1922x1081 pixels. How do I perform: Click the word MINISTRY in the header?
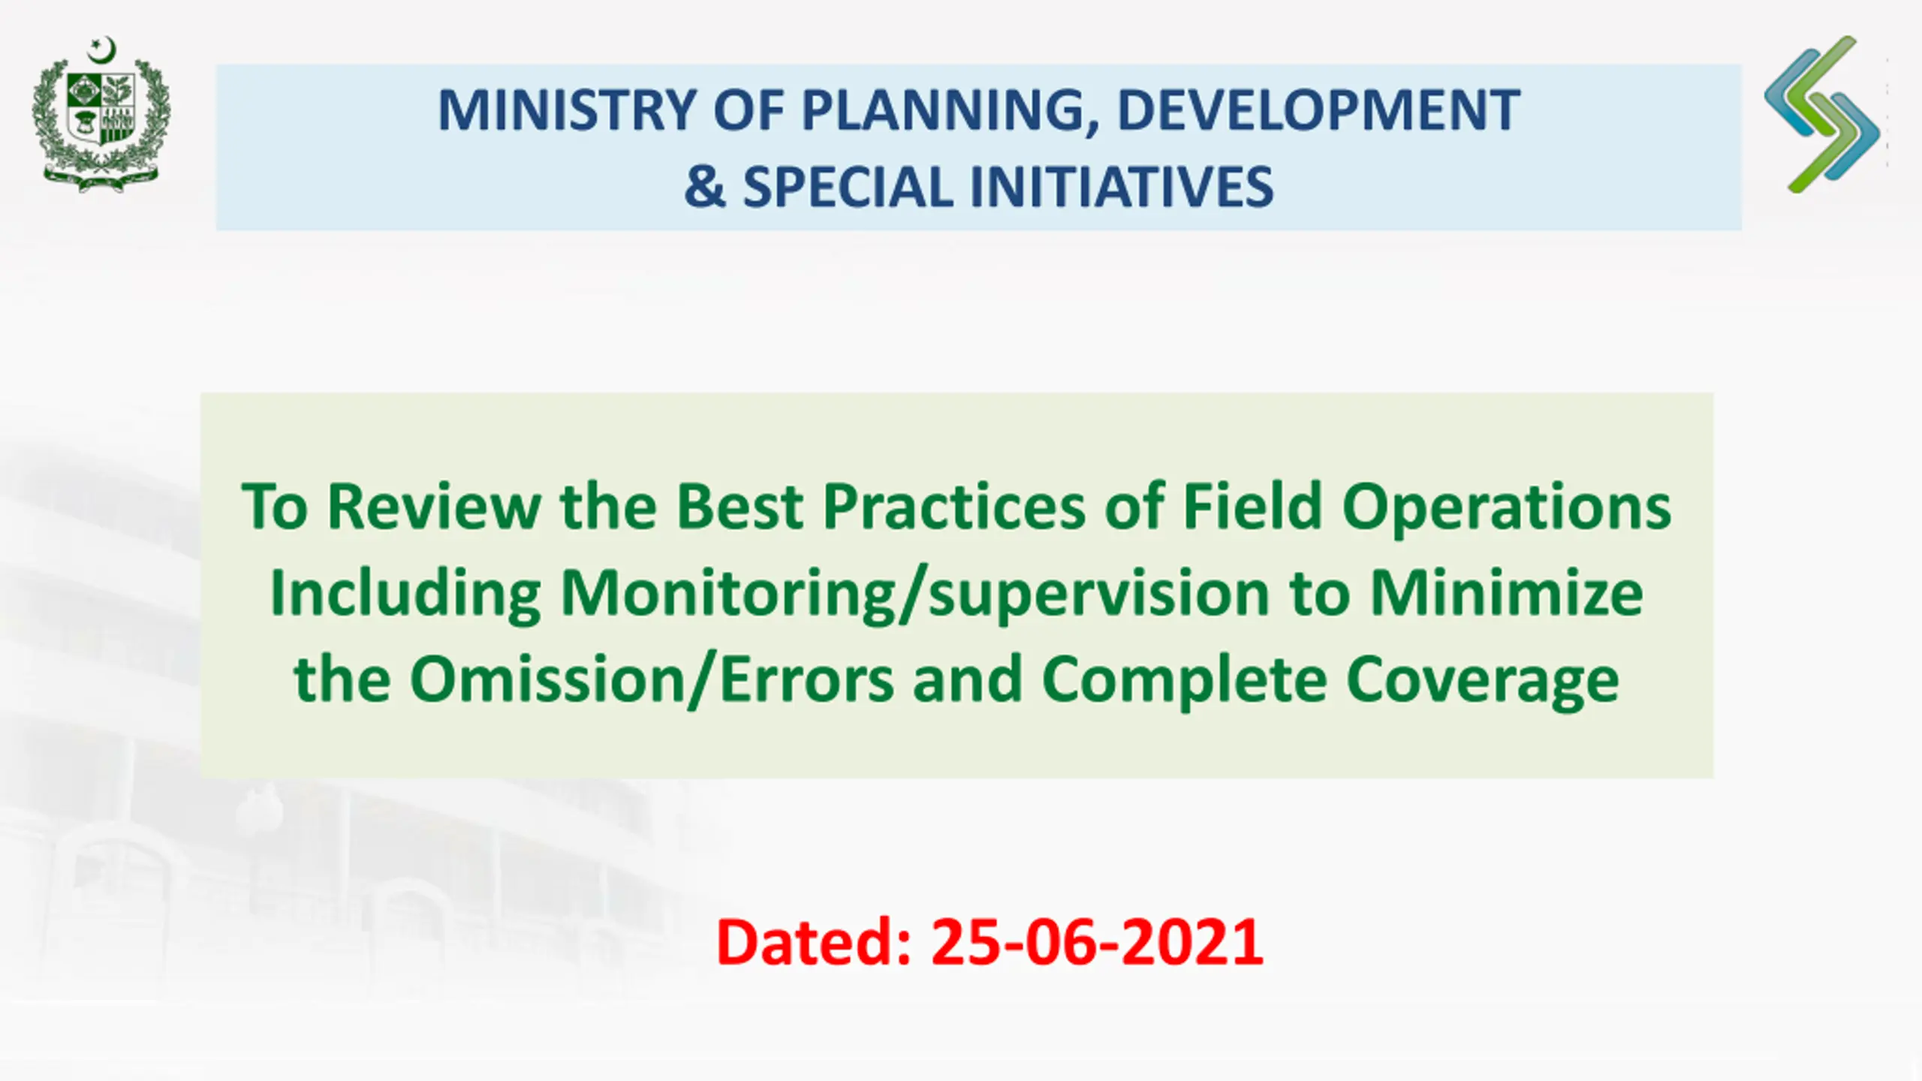(x=567, y=110)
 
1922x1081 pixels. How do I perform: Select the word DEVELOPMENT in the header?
(x=1319, y=110)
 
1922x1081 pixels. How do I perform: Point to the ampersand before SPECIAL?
(x=705, y=186)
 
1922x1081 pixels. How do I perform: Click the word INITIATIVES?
(x=1122, y=186)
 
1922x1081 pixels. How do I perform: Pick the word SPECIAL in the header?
(x=848, y=186)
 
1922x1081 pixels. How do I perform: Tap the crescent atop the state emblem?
(x=103, y=50)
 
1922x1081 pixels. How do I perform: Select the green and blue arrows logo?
(x=1822, y=114)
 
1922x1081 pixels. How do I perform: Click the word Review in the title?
(x=434, y=507)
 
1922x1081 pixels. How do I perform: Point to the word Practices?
(x=954, y=507)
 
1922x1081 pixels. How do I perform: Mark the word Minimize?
(x=1507, y=593)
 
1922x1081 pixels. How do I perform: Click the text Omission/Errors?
(x=652, y=679)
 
